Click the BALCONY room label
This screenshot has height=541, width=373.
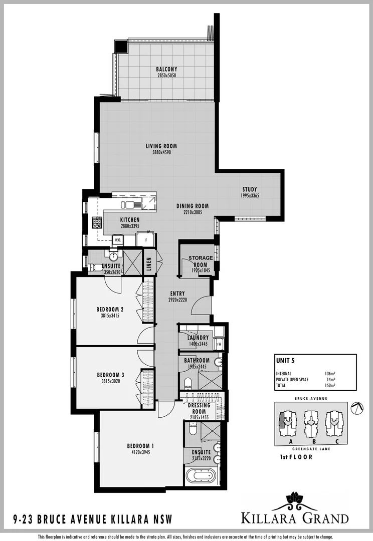pyautogui.click(x=166, y=69)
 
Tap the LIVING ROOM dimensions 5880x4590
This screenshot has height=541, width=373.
pyautogui.click(x=161, y=152)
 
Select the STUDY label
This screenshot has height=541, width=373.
pyautogui.click(x=249, y=189)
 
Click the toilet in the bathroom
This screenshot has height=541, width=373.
pyautogui.click(x=188, y=383)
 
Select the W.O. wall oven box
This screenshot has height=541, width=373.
pyautogui.click(x=118, y=240)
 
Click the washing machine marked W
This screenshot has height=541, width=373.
pyautogui.click(x=219, y=344)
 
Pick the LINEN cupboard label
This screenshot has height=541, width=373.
pyautogui.click(x=149, y=264)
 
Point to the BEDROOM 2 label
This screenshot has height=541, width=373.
pyautogui.click(x=110, y=310)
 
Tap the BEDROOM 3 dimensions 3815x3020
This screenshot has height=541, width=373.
pyautogui.click(x=110, y=381)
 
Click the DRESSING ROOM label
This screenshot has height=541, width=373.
pyautogui.click(x=199, y=408)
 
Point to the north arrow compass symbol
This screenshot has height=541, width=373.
pyautogui.click(x=357, y=409)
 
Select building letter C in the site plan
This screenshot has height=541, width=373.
pyautogui.click(x=336, y=441)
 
